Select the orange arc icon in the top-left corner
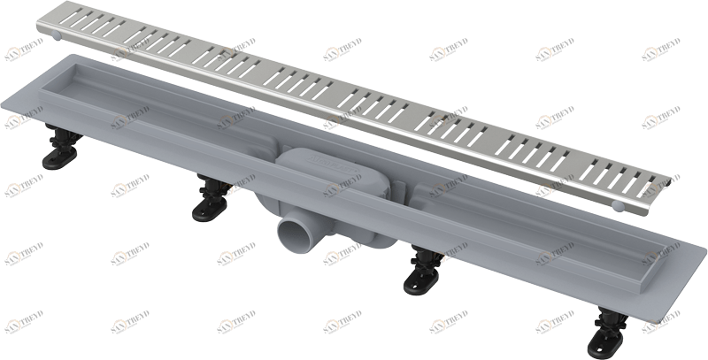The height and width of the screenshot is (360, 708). pos(12,52)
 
